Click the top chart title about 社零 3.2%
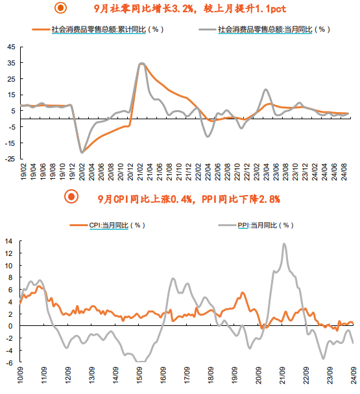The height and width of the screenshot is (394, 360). (x=190, y=9)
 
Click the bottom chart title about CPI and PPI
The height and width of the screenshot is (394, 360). (x=189, y=199)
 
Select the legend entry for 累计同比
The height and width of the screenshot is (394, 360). (x=98, y=29)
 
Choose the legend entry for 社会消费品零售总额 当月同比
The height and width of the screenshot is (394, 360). (x=264, y=29)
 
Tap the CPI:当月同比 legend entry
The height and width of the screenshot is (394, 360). (x=108, y=225)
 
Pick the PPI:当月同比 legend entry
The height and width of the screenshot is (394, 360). (x=256, y=225)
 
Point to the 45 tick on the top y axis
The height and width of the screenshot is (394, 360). (x=11, y=47)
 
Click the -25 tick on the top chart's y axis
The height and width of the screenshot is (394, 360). (x=10, y=159)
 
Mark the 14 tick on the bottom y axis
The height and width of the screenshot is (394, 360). (x=8, y=241)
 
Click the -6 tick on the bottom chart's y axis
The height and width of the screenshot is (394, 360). (x=9, y=363)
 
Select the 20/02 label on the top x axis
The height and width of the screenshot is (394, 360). (x=82, y=172)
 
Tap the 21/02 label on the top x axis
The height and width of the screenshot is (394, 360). (x=140, y=172)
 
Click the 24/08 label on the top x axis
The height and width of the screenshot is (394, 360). (x=344, y=172)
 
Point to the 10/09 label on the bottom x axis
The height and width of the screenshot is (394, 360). (x=20, y=375)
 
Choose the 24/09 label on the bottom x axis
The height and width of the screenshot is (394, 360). (x=354, y=375)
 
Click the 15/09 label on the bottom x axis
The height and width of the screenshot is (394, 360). (x=139, y=375)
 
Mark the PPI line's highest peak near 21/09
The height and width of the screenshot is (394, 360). (x=284, y=244)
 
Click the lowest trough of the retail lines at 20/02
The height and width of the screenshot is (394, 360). (x=82, y=152)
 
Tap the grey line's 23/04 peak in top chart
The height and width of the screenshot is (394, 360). (x=266, y=89)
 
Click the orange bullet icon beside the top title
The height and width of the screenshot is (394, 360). (x=60, y=8)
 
